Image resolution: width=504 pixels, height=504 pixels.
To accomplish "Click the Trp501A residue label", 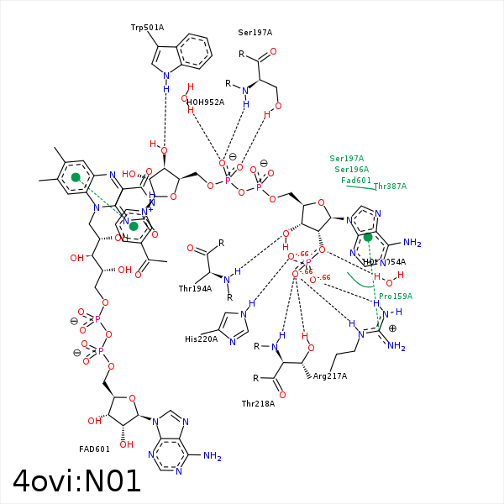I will coord(147,28).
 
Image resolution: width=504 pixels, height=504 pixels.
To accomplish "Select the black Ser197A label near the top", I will coord(255,33).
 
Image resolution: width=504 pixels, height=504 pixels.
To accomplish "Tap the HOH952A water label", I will coord(205,102).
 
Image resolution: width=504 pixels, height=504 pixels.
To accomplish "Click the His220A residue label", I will coord(202,339).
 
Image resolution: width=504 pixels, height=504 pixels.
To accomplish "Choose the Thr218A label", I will coord(259,404).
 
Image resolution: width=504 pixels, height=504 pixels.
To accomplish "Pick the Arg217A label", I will coord(330,376).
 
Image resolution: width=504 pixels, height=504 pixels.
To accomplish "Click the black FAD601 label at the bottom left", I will coord(95,449).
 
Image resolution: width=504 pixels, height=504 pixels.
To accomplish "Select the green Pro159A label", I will coord(396,297).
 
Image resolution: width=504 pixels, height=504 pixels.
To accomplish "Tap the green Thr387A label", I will coord(390,186).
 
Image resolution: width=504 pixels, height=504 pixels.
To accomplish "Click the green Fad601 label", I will coord(356,181).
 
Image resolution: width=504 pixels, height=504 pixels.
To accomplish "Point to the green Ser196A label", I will coord(352,170).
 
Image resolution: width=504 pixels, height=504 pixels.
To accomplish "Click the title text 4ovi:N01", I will coord(77,481).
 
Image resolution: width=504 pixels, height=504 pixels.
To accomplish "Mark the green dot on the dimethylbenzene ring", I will coord(76,177).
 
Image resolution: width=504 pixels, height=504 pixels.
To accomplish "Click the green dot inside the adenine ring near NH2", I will coord(368,237).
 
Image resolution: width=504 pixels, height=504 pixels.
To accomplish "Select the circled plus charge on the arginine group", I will coord(392,329).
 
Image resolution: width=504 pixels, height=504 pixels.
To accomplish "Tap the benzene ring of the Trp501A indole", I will coord(197,51).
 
